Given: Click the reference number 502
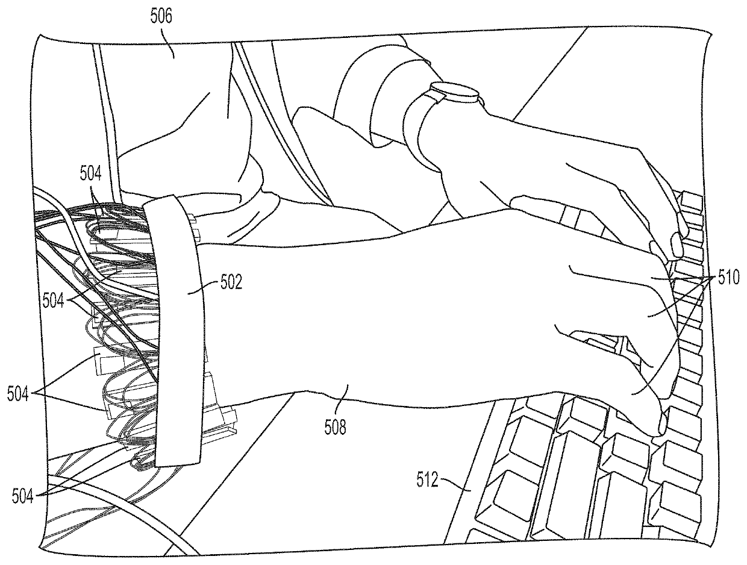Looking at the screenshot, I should (x=229, y=282).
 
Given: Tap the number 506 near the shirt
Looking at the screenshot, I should (x=161, y=16).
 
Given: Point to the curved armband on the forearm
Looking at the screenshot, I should (x=175, y=331).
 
